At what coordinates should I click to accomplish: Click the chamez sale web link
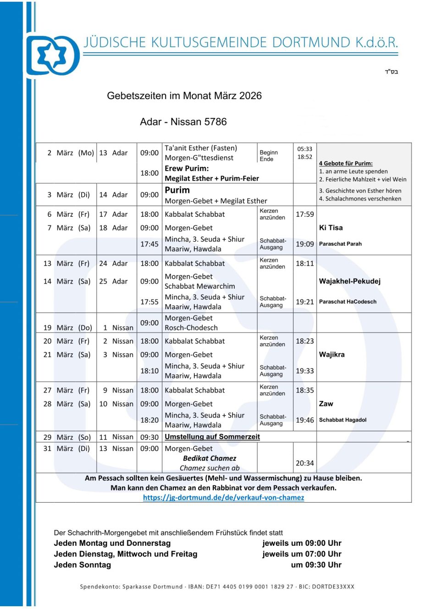223,497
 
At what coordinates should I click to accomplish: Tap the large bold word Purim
177,190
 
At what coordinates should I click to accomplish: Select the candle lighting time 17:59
304,214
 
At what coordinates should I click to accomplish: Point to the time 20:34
304,463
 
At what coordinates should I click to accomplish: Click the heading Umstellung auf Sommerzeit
212,437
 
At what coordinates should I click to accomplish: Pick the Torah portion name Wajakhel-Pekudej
349,281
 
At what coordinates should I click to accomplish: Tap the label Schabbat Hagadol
343,420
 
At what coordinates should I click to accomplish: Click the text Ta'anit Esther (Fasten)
201,148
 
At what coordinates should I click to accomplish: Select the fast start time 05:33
304,149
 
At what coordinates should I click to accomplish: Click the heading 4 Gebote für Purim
345,163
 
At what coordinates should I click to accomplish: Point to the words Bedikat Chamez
210,458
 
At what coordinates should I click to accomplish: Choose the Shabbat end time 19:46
304,420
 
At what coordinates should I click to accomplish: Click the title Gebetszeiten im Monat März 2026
184,96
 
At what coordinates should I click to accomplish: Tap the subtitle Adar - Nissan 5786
183,122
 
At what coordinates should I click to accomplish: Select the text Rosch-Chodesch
191,328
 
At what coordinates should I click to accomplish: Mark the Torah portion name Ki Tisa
331,228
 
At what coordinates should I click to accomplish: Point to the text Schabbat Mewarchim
199,286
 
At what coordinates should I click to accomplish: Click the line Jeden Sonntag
82,565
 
